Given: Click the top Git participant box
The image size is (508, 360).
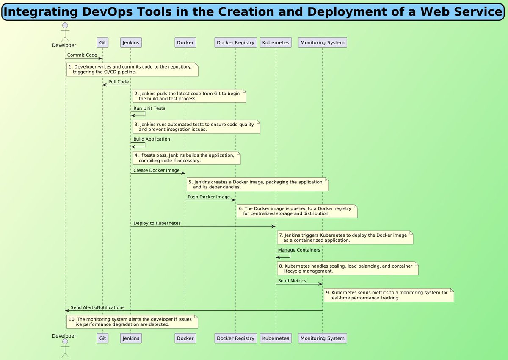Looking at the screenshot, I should (x=102, y=42).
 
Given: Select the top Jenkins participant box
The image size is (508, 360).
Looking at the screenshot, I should (x=130, y=42).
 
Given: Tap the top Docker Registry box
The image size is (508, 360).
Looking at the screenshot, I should (x=235, y=42).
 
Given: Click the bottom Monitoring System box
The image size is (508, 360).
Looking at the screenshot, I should (x=322, y=338).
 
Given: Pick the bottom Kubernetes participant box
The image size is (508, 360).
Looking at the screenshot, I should (x=276, y=338).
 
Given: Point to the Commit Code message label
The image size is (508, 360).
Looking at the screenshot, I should (x=82, y=55).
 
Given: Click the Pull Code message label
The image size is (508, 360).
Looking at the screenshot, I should (x=119, y=82).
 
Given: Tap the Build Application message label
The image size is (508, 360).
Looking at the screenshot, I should (x=152, y=139).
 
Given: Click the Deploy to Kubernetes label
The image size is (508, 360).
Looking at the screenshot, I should (x=157, y=223).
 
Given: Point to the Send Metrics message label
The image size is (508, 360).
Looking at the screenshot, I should (x=292, y=281).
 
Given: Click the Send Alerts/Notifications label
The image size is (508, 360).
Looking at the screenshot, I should (x=97, y=307).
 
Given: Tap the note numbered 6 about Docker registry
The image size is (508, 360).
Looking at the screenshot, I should (x=297, y=211).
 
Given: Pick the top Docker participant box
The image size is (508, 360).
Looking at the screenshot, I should (x=185, y=42).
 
